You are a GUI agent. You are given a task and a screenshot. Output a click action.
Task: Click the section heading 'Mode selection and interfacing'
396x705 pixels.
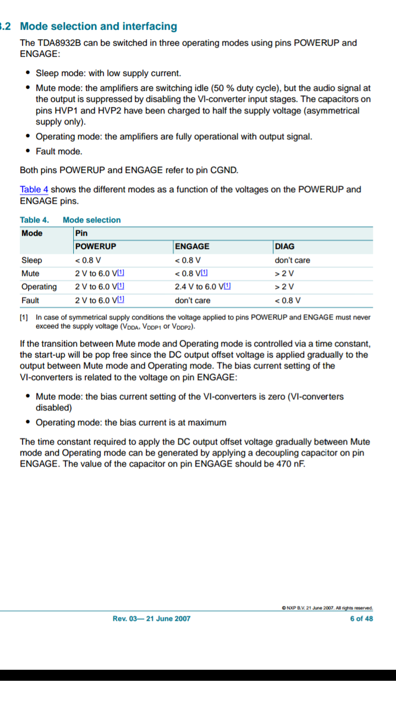pos(98,26)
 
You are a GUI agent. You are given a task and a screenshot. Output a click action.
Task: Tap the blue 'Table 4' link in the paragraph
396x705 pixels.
pos(34,189)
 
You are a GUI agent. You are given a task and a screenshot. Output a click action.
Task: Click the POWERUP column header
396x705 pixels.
pos(96,246)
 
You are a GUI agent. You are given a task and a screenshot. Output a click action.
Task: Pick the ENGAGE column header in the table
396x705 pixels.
pos(192,246)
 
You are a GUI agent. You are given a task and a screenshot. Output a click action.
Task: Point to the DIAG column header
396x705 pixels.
pos(284,246)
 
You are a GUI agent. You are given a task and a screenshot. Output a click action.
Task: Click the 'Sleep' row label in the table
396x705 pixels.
pos(31,260)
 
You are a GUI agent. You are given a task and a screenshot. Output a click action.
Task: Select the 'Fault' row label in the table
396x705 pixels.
pos(30,300)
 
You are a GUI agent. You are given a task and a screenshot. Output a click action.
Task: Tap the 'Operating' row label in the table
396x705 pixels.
pos(38,287)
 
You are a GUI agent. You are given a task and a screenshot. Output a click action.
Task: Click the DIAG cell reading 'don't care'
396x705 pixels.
pos(292,260)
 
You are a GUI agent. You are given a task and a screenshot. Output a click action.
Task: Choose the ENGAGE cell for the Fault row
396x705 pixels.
pos(193,300)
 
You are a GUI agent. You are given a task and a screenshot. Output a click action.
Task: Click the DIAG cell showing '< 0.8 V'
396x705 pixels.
pos(288,300)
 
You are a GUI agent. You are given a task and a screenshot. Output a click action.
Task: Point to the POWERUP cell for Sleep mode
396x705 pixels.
pos(88,260)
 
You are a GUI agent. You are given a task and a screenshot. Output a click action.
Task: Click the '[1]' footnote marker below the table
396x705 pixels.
pos(24,317)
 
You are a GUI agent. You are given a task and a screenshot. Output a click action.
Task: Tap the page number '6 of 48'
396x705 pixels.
pos(361,619)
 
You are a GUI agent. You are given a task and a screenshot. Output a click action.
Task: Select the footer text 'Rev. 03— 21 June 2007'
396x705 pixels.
pos(151,619)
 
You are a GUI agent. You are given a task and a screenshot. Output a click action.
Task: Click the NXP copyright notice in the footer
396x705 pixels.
pos(327,608)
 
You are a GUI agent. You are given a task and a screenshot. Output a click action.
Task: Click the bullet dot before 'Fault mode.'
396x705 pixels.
pos(28,151)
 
